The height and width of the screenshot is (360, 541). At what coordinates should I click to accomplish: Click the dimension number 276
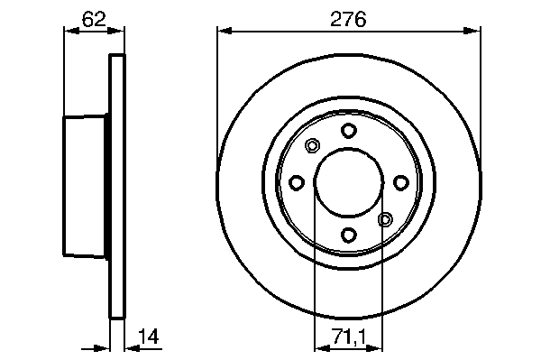click(x=348, y=19)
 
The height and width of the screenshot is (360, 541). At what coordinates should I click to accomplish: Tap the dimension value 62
click(x=94, y=19)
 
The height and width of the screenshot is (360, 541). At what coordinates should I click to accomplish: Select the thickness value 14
click(x=149, y=337)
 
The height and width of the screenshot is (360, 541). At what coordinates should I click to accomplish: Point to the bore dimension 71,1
click(x=350, y=337)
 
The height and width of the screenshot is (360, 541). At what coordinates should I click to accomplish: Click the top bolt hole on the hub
click(x=348, y=131)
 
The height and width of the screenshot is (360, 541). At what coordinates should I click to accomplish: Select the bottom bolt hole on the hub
click(x=348, y=235)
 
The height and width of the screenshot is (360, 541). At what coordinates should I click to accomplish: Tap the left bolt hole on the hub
click(x=297, y=182)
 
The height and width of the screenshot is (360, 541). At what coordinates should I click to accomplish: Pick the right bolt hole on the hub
click(x=401, y=182)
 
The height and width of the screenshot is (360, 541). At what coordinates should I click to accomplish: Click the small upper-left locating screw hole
click(x=312, y=145)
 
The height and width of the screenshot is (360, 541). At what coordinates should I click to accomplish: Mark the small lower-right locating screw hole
click(x=385, y=219)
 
